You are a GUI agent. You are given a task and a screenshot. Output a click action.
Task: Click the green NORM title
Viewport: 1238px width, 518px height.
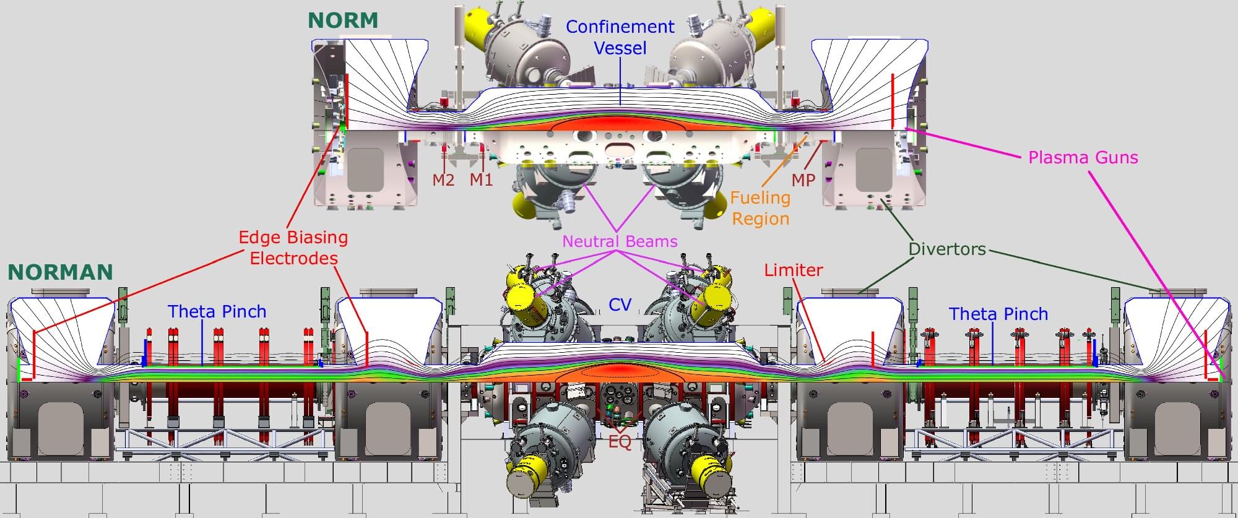343,20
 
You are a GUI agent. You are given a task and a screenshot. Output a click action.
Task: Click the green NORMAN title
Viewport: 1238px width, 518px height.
60,272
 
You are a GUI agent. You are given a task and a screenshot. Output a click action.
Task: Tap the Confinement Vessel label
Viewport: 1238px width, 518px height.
620,37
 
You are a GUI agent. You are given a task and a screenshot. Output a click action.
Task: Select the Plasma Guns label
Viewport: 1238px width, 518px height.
1083,157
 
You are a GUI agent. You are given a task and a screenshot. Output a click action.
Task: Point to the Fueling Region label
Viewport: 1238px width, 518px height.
760,208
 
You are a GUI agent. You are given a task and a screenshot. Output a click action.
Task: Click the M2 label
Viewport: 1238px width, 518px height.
443,179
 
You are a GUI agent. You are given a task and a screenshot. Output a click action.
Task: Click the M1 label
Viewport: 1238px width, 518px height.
481,179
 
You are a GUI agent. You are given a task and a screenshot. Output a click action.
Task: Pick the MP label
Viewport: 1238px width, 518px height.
803,179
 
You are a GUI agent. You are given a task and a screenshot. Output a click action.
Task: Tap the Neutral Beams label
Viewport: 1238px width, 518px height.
620,241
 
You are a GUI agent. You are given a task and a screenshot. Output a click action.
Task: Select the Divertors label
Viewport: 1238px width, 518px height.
947,249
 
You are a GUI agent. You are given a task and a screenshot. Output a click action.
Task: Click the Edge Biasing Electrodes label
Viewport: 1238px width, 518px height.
293,248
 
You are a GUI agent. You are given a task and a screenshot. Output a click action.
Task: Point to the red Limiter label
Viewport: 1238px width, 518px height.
794,270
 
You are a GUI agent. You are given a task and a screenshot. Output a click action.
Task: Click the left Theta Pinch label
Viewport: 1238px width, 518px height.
217,311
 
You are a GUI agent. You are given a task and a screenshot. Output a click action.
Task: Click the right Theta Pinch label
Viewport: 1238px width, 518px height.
999,314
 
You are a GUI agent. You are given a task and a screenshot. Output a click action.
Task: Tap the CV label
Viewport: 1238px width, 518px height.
620,304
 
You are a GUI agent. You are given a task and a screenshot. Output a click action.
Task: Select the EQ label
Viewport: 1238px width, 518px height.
620,443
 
